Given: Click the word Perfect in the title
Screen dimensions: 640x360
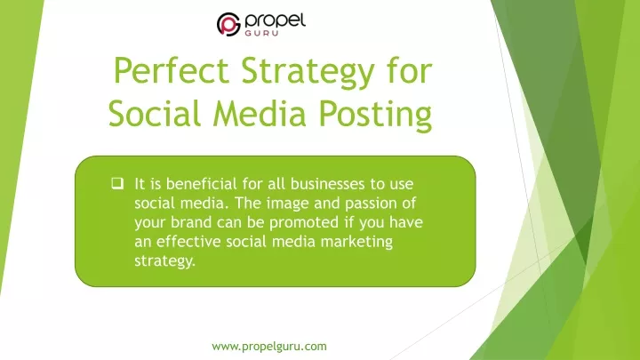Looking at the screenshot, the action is [171, 70].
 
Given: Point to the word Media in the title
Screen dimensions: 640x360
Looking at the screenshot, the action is [260, 113].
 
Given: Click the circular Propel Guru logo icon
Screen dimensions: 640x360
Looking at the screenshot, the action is [228, 24].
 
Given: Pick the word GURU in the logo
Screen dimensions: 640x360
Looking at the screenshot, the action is [261, 33].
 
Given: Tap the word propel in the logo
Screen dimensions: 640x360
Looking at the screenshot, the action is [275, 20].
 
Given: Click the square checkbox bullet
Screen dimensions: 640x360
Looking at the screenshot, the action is [117, 183].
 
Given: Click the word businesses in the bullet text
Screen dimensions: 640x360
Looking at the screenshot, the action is [327, 184].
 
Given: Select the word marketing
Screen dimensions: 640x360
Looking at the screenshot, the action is [356, 243].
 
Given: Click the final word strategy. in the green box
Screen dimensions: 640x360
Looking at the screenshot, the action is [165, 261].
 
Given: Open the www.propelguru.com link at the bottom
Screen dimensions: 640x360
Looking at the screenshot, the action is [269, 347].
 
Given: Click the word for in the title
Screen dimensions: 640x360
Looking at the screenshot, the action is [410, 70].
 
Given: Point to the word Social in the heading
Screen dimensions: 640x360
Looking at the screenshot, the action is [155, 113].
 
